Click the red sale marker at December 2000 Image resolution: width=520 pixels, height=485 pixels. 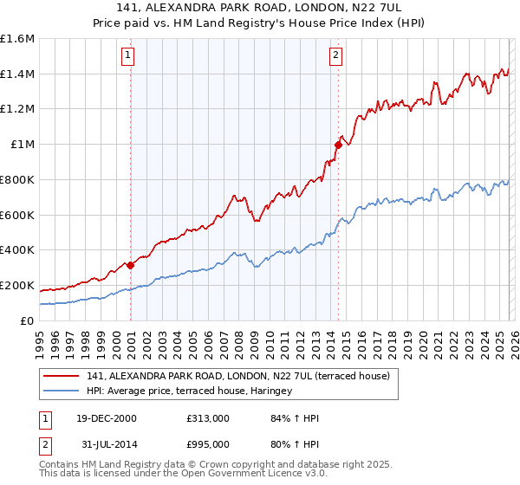(131, 265)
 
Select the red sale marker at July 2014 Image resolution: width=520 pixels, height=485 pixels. (338, 145)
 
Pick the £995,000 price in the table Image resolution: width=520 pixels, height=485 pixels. (207, 445)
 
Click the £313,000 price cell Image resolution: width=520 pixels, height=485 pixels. (207, 418)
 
